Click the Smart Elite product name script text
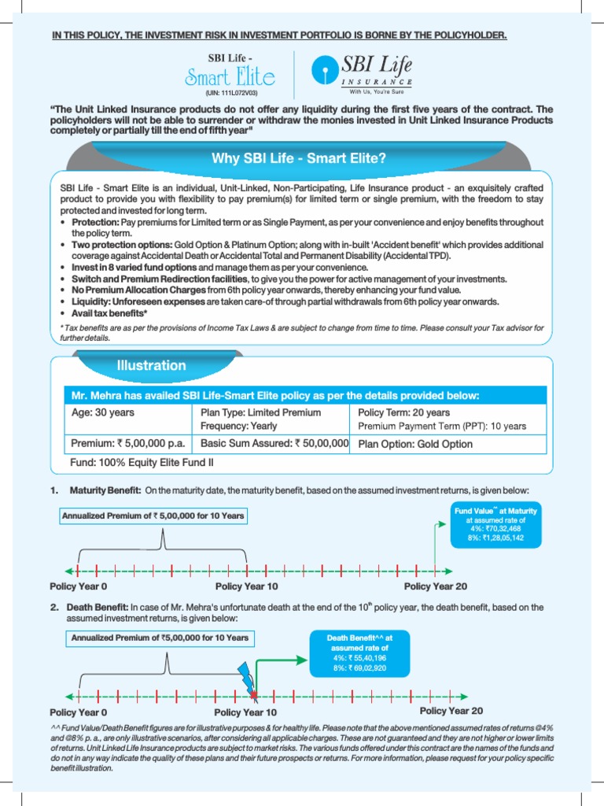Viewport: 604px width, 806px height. (x=230, y=76)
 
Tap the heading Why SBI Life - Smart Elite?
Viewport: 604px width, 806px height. (x=299, y=159)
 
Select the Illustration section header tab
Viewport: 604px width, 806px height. (x=152, y=365)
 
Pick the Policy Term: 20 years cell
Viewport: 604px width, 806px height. (x=404, y=412)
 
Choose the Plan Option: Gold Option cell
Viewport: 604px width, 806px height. (x=415, y=444)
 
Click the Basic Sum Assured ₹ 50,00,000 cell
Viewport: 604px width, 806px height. (x=274, y=444)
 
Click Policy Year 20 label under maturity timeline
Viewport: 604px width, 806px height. (x=435, y=586)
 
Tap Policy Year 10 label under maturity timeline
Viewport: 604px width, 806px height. (x=246, y=586)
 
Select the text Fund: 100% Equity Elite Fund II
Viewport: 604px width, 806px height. (x=142, y=462)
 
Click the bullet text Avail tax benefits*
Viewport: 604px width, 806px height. (x=109, y=312)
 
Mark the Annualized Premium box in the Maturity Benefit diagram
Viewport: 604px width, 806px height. (x=153, y=516)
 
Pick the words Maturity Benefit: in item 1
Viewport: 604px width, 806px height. (x=106, y=490)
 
